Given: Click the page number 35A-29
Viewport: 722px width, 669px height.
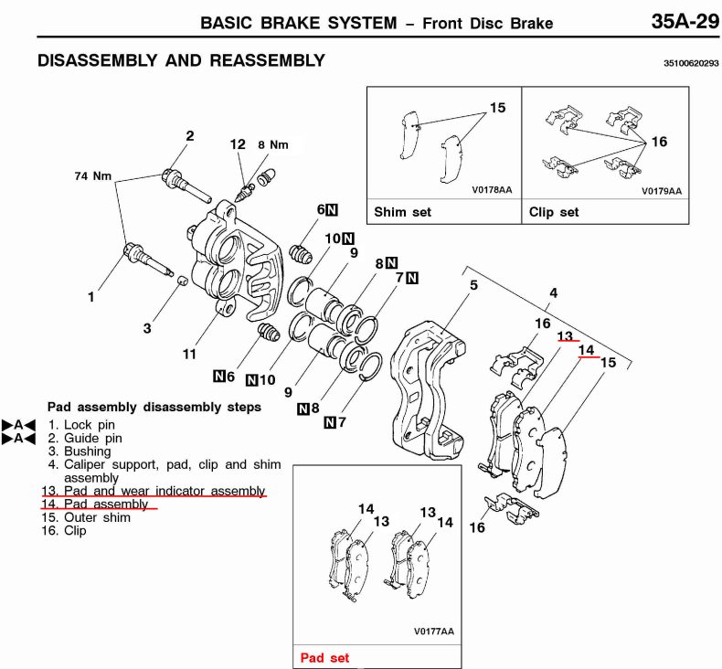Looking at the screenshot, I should point(685,21).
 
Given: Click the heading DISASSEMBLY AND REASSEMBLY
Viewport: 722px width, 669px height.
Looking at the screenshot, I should point(181,61).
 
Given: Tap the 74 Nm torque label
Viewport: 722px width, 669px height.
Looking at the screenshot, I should point(93,175).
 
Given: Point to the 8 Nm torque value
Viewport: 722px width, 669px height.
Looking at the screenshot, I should point(272,144).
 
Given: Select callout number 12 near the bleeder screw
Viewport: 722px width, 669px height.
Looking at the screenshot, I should point(238,144).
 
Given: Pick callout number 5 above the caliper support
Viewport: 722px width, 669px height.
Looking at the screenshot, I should point(473,286).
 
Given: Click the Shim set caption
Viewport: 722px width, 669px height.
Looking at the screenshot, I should point(402,212).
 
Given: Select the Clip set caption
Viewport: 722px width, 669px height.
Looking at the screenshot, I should point(554,212).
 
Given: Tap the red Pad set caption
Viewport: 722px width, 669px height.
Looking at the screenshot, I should point(324,658).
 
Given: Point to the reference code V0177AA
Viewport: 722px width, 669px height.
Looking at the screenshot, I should point(433,632).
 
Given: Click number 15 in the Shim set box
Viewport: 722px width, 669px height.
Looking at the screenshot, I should point(497,108).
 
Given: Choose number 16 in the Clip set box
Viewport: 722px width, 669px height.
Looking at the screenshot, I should point(660,142).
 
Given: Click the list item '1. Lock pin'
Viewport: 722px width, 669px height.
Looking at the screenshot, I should point(82,425).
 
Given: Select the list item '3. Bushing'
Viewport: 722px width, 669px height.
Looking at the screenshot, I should point(80,451).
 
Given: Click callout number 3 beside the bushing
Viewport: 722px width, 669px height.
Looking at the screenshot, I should point(147,327).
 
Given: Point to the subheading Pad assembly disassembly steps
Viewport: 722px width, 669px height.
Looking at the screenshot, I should point(154,407).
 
